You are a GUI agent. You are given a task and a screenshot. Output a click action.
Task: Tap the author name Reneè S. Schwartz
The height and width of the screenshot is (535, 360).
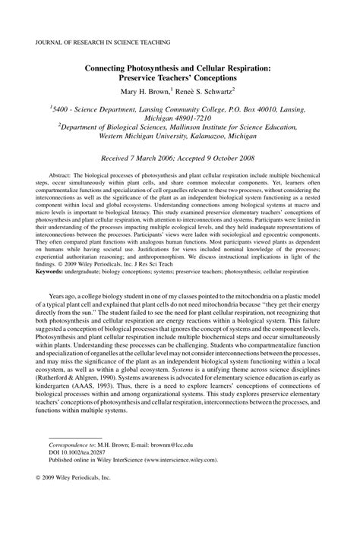coord(219,90)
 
